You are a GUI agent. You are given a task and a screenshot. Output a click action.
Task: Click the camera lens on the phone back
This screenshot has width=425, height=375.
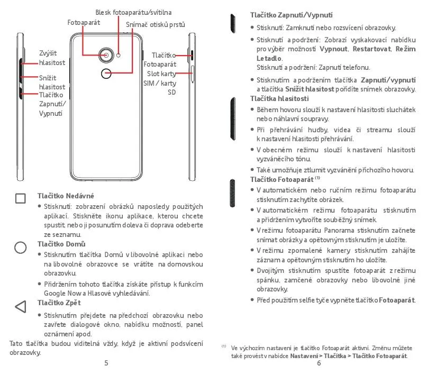pyautogui.click(x=106, y=56)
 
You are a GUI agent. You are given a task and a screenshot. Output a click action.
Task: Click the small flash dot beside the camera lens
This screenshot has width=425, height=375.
pyautogui.click(x=118, y=56)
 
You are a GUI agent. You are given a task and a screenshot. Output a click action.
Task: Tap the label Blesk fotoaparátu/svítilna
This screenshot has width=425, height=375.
pyautogui.click(x=133, y=13)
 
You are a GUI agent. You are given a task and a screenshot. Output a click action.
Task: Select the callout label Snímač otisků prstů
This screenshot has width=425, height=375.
pyautogui.click(x=155, y=25)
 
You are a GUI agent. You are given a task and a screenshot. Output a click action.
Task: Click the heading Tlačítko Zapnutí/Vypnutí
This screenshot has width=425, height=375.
pyautogui.click(x=292, y=15)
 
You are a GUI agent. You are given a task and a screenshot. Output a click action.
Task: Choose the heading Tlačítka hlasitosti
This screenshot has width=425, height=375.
pyautogui.click(x=279, y=98)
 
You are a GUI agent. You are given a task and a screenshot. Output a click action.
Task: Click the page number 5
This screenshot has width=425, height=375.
pyautogui.click(x=106, y=363)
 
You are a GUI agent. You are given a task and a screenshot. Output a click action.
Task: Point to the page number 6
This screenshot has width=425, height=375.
pyautogui.click(x=319, y=363)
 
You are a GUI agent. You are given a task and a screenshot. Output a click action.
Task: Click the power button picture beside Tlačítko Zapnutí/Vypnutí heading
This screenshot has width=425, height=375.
pyautogui.click(x=232, y=23)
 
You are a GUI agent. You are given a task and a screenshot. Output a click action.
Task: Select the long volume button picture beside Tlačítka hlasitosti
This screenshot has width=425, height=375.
pyautogui.click(x=232, y=118)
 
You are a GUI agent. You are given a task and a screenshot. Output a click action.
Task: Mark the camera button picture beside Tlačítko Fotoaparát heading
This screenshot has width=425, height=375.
pyautogui.click(x=232, y=193)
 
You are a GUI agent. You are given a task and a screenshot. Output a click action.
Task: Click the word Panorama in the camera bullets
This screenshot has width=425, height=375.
pyautogui.click(x=339, y=230)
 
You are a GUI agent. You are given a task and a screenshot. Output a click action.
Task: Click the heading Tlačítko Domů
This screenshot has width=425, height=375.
pyautogui.click(x=61, y=244)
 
